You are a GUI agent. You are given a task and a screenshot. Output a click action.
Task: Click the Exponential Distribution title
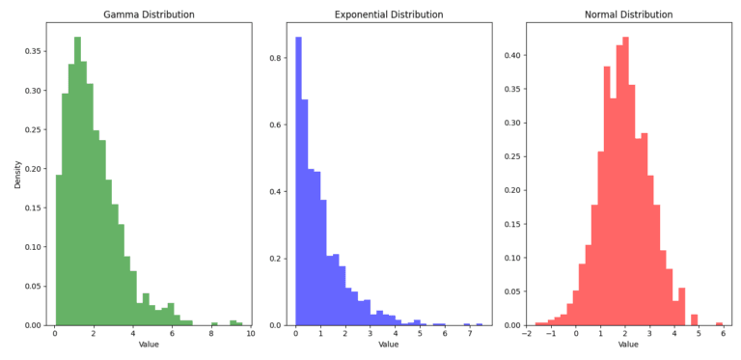point(389,14)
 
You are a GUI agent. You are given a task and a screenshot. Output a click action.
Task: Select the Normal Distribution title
point(628,14)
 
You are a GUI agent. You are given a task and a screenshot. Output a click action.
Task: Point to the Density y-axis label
point(17,174)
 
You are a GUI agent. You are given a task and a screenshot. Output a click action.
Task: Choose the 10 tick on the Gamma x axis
point(251,334)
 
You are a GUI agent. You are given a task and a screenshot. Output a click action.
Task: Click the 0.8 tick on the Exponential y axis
point(275,58)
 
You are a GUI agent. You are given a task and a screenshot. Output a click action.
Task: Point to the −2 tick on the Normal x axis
point(527,334)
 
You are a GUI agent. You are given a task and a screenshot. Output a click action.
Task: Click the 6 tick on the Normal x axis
point(723,334)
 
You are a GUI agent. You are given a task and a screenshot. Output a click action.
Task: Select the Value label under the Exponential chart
point(389,345)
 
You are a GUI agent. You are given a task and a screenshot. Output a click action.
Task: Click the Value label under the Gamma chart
point(149,345)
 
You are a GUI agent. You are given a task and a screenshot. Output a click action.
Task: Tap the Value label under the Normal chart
point(628,345)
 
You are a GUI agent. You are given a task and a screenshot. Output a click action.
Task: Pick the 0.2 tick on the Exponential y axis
point(275,259)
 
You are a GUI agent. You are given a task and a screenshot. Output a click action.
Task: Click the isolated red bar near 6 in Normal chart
point(719,323)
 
